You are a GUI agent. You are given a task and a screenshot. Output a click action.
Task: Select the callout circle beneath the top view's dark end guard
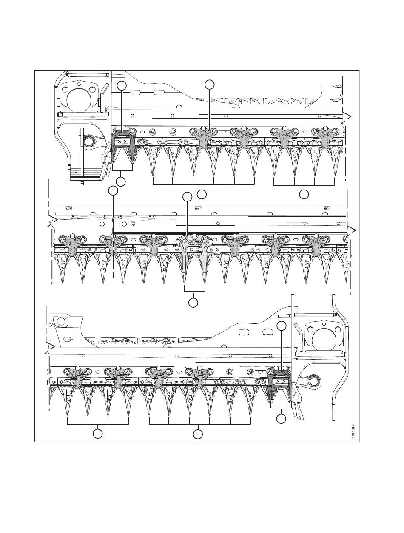(x=121, y=181)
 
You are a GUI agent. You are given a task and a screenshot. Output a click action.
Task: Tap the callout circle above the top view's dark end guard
(x=122, y=85)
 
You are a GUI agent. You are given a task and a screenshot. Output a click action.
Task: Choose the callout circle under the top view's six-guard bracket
(x=202, y=194)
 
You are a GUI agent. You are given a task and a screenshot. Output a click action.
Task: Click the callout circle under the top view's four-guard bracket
(x=304, y=194)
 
